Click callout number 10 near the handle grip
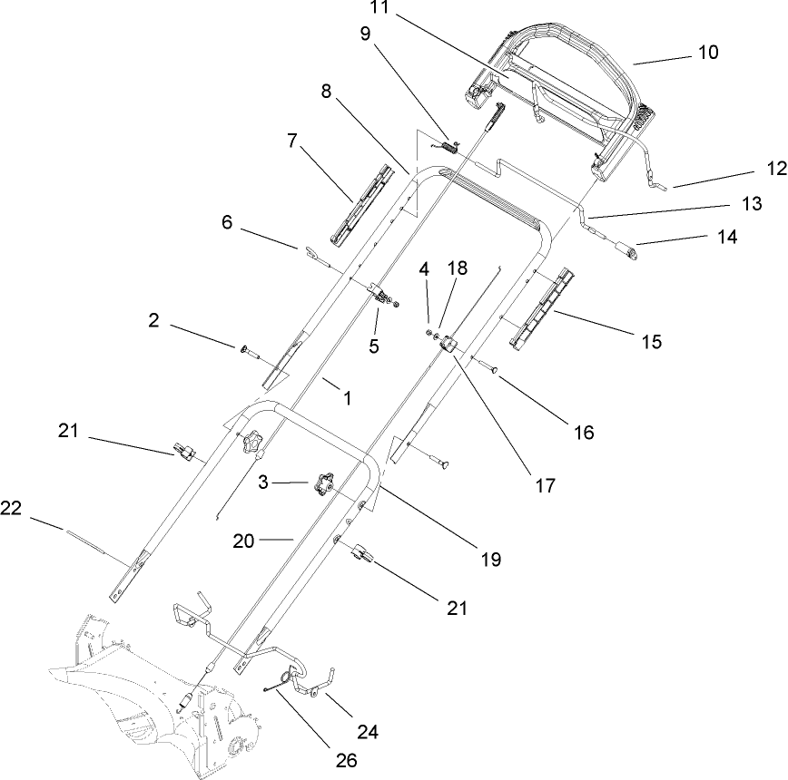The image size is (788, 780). coord(707,53)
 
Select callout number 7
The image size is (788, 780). coord(291,141)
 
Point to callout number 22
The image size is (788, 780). coord(10,511)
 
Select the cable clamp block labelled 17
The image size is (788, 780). coord(448,346)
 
